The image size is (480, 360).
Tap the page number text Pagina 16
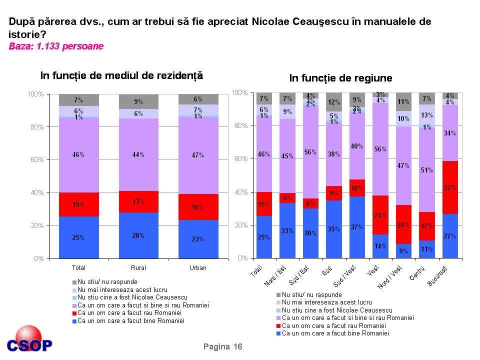point(222,347)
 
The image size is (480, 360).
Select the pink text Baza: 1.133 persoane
point(56,46)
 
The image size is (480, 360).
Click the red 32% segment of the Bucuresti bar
point(449,187)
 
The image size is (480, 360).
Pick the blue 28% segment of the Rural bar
point(138,235)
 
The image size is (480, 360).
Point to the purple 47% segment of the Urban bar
point(198,155)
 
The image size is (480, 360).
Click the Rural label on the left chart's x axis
point(138,268)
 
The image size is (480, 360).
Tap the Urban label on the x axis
point(198,268)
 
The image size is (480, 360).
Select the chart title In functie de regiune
point(340,78)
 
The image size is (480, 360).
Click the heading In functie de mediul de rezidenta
point(121,76)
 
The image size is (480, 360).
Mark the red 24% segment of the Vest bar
point(380,215)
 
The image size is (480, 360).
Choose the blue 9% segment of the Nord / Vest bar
point(403,250)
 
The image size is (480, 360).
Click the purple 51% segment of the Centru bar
point(426,169)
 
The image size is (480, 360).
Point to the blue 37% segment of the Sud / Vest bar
point(356,227)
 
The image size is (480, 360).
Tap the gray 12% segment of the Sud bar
point(333,102)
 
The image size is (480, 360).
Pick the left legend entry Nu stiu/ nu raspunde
point(104,282)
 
